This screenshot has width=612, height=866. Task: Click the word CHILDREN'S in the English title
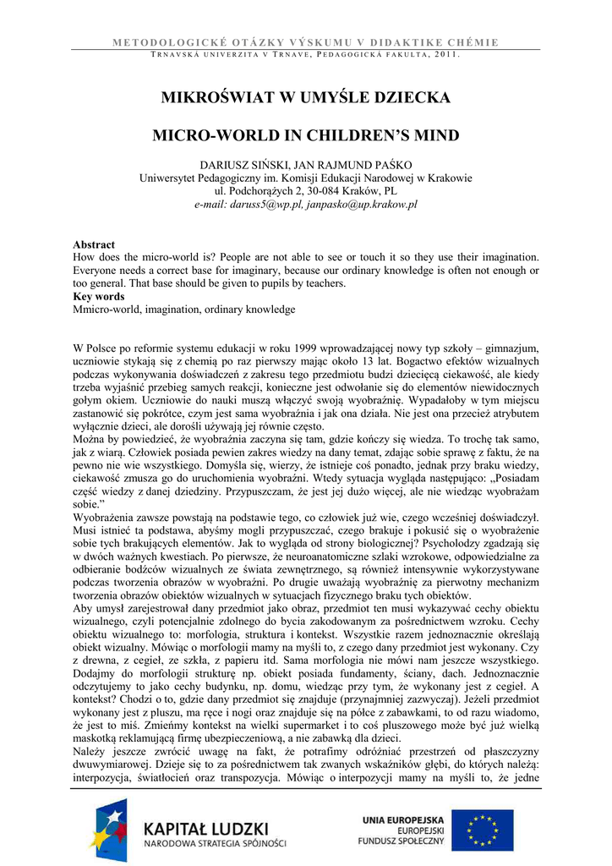[342, 135]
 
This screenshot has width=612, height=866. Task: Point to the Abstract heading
[94, 244]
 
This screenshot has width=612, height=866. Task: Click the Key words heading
[99, 297]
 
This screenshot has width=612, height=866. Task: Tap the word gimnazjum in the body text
[511, 348]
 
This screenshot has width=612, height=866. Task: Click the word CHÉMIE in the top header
[515, 41]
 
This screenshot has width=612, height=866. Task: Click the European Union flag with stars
[482, 830]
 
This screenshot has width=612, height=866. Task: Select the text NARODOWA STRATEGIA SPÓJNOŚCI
[214, 842]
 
